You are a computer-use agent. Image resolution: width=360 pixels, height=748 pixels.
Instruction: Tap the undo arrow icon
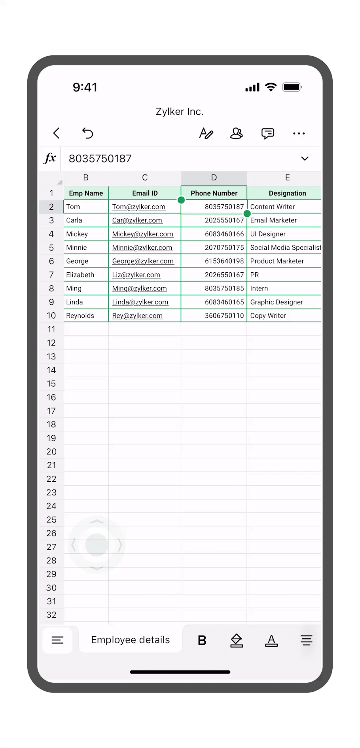click(x=87, y=133)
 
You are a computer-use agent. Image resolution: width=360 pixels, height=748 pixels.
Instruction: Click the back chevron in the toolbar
click(x=57, y=133)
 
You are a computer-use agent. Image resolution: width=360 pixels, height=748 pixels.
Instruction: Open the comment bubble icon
click(x=267, y=133)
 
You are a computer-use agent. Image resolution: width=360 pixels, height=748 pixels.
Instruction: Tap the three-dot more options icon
click(x=299, y=133)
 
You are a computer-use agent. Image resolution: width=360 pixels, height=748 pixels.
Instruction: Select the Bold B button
click(x=202, y=640)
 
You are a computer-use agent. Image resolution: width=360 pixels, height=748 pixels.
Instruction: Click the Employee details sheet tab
click(x=130, y=640)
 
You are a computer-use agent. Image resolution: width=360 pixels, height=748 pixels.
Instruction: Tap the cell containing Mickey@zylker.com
click(x=143, y=234)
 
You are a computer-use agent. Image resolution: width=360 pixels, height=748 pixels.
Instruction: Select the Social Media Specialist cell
click(x=285, y=248)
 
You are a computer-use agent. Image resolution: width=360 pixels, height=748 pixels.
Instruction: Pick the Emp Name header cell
click(x=86, y=193)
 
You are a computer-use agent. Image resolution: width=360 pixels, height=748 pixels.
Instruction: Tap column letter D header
click(x=214, y=178)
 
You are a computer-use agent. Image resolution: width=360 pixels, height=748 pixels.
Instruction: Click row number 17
click(x=51, y=411)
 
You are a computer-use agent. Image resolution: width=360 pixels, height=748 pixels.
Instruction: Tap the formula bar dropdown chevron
click(x=305, y=159)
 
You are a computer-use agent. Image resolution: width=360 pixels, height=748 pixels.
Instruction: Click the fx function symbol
click(x=50, y=158)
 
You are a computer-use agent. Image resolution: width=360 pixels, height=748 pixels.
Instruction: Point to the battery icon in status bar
click(x=292, y=87)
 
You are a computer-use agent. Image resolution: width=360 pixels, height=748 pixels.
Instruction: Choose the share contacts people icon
click(x=236, y=133)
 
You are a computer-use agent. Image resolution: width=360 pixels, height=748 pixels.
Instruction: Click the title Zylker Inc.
click(x=180, y=112)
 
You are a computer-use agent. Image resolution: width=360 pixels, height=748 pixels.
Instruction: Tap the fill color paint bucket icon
click(x=237, y=640)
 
